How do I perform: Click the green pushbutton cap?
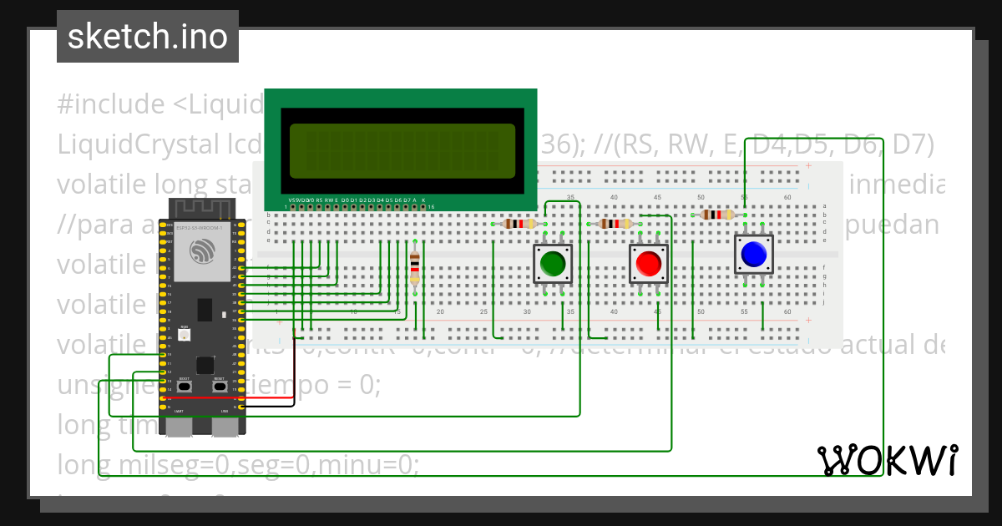[553, 263]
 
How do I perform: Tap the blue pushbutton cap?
[753, 254]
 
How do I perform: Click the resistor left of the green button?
[519, 224]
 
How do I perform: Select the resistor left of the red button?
[616, 224]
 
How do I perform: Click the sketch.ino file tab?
[148, 37]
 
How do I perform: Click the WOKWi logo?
[887, 460]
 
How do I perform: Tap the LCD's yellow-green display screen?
[402, 151]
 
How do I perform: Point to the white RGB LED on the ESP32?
[185, 334]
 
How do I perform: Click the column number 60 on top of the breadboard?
[787, 197]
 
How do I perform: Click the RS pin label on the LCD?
[320, 200]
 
